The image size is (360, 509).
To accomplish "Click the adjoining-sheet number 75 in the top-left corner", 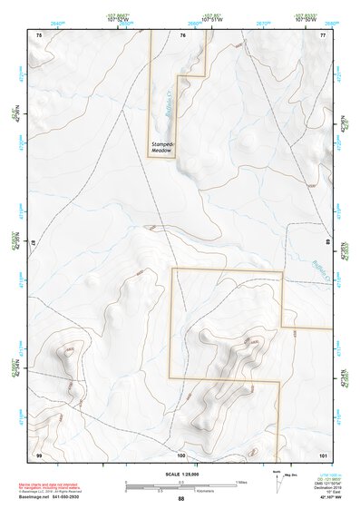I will [x=39, y=34].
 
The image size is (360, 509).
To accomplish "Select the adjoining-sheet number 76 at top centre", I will [x=182, y=34].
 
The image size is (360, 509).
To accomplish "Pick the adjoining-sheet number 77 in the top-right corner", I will [x=322, y=34].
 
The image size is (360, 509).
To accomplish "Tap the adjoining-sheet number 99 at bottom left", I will [x=39, y=454].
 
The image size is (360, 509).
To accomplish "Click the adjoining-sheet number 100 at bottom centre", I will [x=181, y=454].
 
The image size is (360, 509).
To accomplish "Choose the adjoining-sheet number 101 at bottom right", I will [x=322, y=454].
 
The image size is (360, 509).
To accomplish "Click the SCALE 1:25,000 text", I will [x=180, y=475].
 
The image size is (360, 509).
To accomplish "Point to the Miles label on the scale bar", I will [x=240, y=481].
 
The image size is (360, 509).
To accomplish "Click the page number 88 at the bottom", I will [x=180, y=499].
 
